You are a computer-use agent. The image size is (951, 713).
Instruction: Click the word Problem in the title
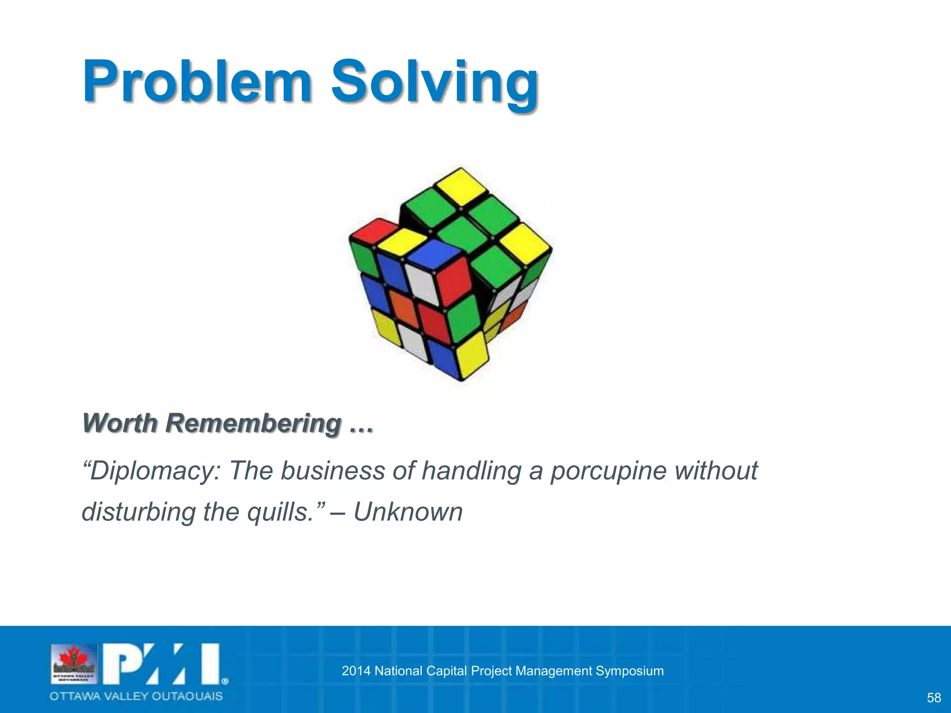[x=197, y=82]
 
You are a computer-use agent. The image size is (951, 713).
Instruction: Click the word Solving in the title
[x=434, y=84]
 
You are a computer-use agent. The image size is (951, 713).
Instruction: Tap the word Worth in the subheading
[x=120, y=423]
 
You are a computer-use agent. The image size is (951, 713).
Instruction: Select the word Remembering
[x=254, y=424]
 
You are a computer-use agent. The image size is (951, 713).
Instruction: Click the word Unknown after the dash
[x=408, y=512]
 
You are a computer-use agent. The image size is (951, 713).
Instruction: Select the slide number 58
[x=933, y=698]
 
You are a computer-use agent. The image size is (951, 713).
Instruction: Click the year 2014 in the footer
[x=356, y=671]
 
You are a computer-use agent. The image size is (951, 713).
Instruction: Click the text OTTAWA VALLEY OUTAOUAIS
[x=137, y=696]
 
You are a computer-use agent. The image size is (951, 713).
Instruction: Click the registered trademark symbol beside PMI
[x=225, y=681]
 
